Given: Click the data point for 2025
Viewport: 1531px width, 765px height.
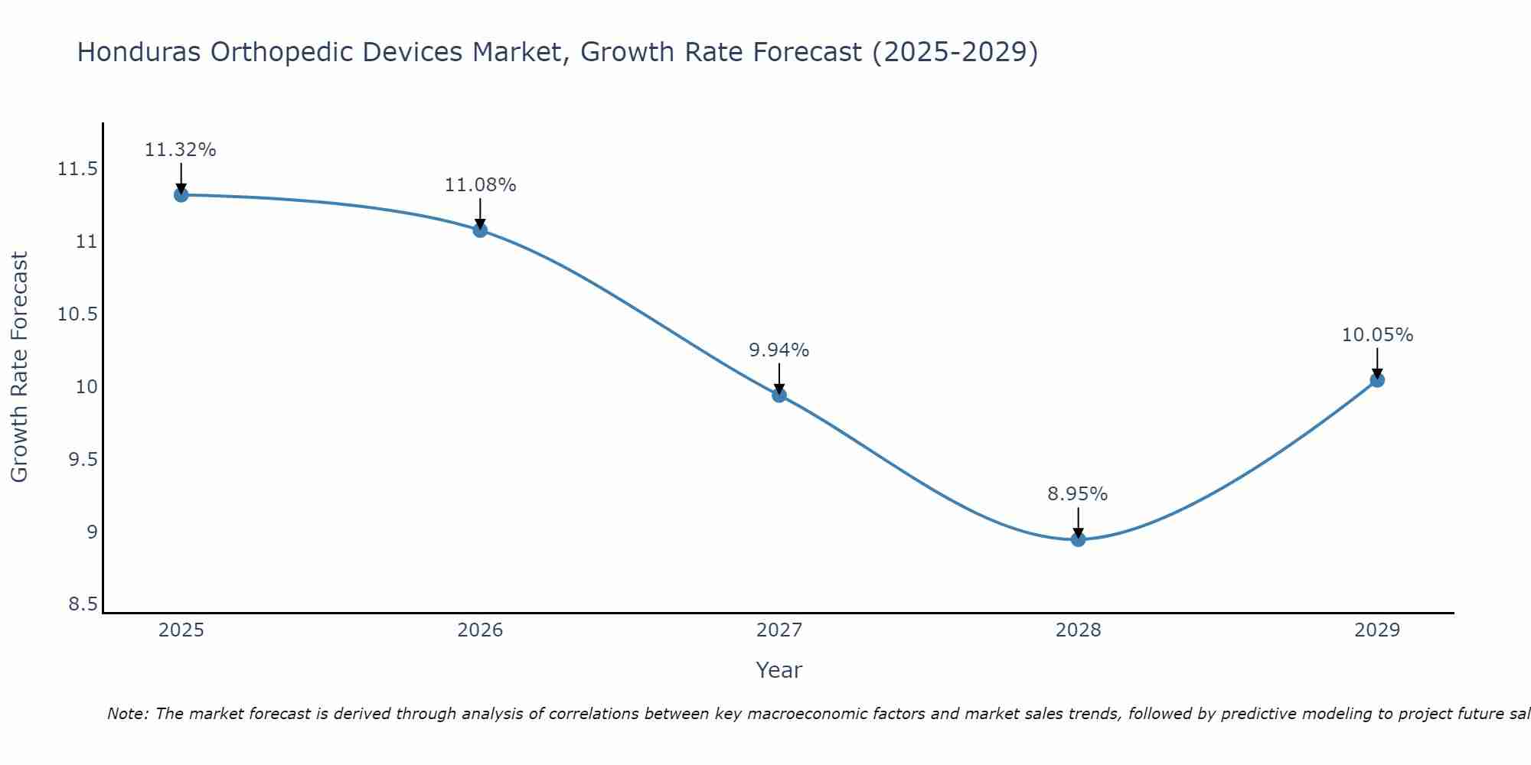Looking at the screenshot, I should coord(181,195).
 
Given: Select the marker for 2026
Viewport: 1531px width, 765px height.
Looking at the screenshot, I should coord(480,229).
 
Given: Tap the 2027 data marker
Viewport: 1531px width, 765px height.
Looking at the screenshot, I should coord(779,395).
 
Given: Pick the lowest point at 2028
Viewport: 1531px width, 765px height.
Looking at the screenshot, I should coord(1078,539).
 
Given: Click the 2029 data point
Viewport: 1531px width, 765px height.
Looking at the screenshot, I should coord(1377,379).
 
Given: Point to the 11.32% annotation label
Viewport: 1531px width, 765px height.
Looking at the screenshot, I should coord(181,150).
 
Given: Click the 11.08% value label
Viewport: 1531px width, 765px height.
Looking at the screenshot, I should coord(480,185).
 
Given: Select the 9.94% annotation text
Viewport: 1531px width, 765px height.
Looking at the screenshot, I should coord(779,350).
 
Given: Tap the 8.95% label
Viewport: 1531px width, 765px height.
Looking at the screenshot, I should coord(1078,494).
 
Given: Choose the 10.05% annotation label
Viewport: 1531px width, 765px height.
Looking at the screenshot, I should coord(1377,335).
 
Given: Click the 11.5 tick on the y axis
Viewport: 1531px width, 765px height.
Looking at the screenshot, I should coord(77,169).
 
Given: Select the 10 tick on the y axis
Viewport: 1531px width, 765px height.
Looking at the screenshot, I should coord(87,387).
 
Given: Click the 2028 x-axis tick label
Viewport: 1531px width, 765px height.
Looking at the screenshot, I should coord(1078,630).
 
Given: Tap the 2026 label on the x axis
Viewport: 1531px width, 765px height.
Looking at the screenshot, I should coord(480,630).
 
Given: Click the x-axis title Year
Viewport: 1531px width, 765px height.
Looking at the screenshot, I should coord(779,670).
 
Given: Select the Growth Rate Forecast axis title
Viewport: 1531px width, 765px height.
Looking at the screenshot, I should coord(19,367).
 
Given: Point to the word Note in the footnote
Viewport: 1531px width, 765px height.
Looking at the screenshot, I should coord(128,714).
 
